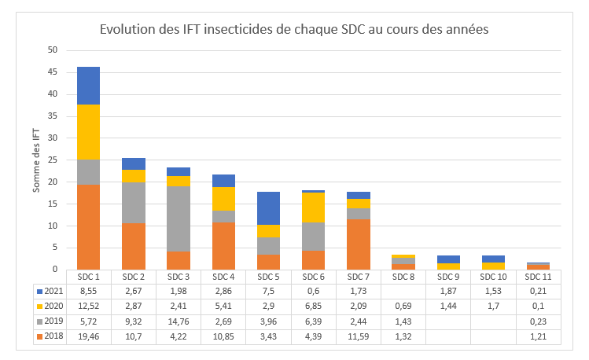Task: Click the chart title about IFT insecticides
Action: coord(294,30)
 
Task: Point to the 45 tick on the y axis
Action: coord(53,72)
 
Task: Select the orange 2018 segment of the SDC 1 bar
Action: coord(88,227)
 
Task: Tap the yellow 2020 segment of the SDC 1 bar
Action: coord(88,132)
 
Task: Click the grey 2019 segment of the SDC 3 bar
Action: coord(179,219)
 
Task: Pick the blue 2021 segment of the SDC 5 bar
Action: coord(268,208)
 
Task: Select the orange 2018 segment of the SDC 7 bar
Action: coord(359,244)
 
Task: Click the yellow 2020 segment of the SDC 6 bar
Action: coord(314,208)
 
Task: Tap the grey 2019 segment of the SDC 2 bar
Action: coord(133,203)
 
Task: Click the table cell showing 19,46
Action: coord(88,336)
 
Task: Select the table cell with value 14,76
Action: coord(179,321)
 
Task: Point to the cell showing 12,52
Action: coord(88,307)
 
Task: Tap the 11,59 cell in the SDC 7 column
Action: coord(359,336)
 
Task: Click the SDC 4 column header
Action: coord(223,277)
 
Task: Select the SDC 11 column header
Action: coord(539,277)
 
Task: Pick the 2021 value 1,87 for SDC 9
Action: coord(448,292)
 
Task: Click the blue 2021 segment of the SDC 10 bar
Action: coord(493,259)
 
